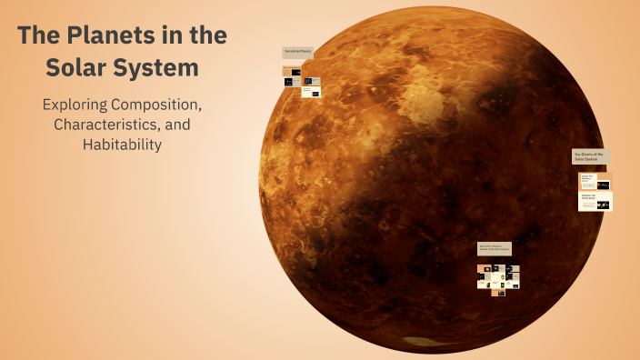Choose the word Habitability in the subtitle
coord(121,144)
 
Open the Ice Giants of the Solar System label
coord(590,156)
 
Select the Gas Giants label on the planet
coord(495,248)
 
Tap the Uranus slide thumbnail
coord(595,181)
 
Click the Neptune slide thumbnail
coord(595,201)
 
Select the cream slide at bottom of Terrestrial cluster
coord(311,91)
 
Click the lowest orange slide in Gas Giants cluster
coord(498,291)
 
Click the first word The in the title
coord(38,37)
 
